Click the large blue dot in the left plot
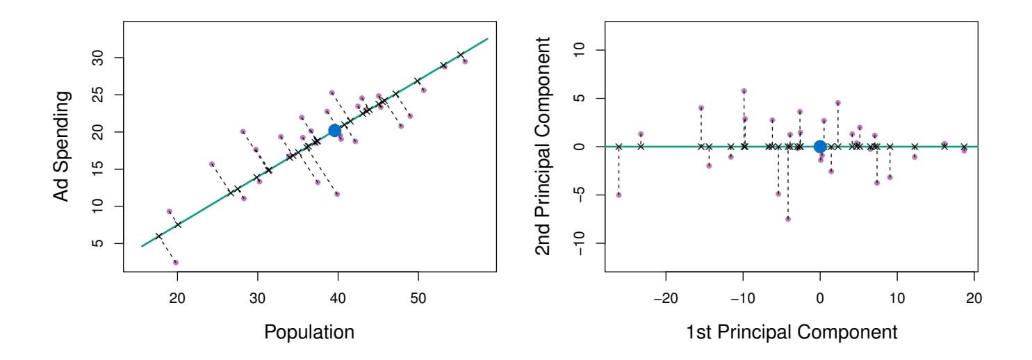tap(334, 131)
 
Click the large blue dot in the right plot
tap(820, 147)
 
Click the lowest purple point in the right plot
tap(788, 219)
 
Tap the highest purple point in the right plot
tap(744, 91)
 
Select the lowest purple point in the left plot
tap(176, 263)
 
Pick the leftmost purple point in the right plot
tap(619, 195)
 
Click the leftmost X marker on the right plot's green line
tap(619, 147)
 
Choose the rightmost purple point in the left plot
tap(465, 62)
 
